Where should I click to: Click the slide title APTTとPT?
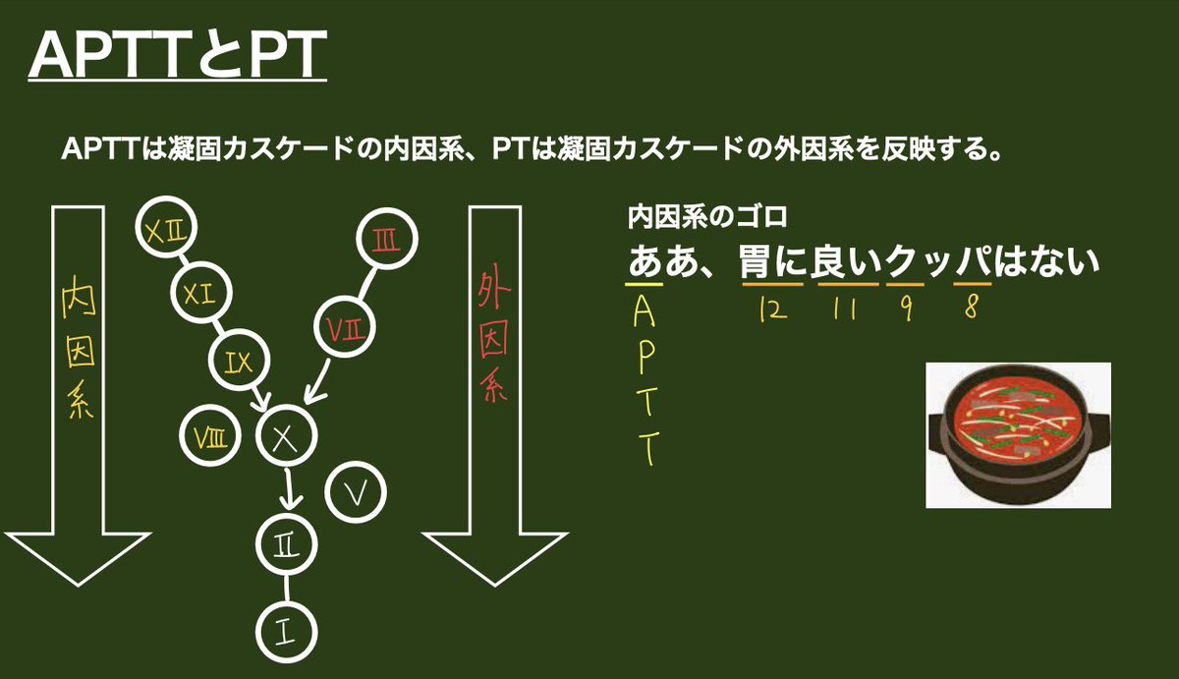pyautogui.click(x=176, y=58)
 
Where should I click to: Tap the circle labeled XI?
pyautogui.click(x=202, y=292)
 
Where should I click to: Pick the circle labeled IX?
pyautogui.click(x=239, y=363)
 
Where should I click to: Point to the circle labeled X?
pyautogui.click(x=286, y=436)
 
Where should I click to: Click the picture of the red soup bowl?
pyautogui.click(x=1018, y=435)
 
